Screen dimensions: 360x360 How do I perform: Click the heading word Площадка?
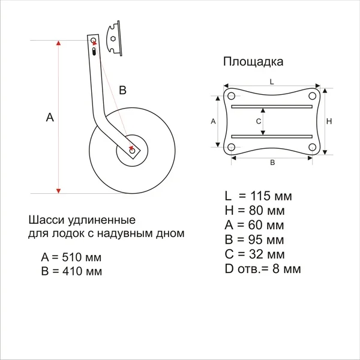pos(253,61)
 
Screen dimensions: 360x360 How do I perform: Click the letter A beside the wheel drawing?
pos(50,118)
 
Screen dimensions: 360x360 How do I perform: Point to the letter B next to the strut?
pos(123,90)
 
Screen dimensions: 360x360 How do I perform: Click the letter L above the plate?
pos(272,80)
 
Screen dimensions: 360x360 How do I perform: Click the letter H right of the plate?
pos(329,121)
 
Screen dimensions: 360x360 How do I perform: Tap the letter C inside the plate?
pos(258,121)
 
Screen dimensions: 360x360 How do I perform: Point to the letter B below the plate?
pos(272,163)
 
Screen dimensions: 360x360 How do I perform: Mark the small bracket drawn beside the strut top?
pos(111,38)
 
